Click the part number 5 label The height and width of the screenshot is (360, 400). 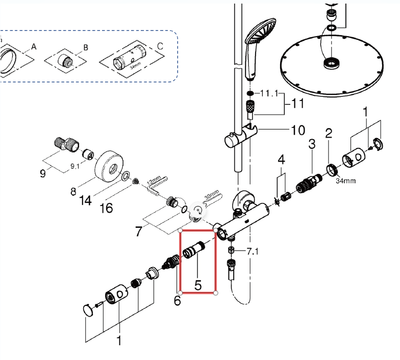pos(197,285)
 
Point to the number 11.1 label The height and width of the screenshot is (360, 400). pos(269,93)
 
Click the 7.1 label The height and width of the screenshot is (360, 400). pos(253,251)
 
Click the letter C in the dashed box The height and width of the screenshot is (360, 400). pos(160,46)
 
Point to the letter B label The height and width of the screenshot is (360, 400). pos(86,47)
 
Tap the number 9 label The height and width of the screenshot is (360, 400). pos(43,173)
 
